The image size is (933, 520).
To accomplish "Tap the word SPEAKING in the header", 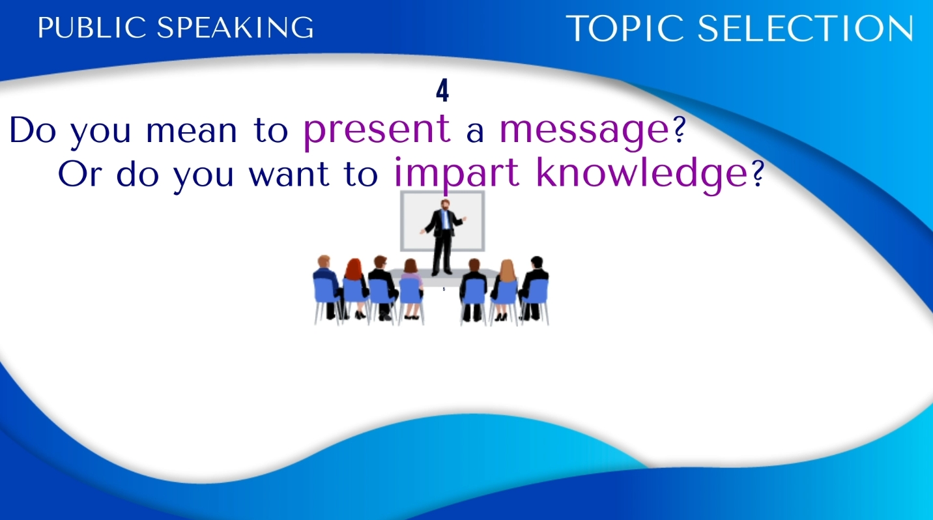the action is tap(235, 27).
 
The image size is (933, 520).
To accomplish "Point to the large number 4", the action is tap(442, 91).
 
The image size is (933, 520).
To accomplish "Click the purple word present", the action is tap(377, 131).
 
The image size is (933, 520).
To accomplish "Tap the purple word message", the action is tap(584, 131).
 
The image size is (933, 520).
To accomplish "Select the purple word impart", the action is tap(457, 174).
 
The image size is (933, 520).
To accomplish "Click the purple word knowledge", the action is tap(642, 174).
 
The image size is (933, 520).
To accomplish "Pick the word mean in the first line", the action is tap(191, 131).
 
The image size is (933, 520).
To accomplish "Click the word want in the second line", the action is tap(289, 174).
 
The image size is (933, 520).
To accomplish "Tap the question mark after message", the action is tap(679, 130).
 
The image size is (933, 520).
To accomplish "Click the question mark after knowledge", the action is tap(758, 173).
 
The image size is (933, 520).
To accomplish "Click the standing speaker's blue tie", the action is tap(444, 219).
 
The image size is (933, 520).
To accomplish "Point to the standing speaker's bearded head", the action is tap(445, 205).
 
